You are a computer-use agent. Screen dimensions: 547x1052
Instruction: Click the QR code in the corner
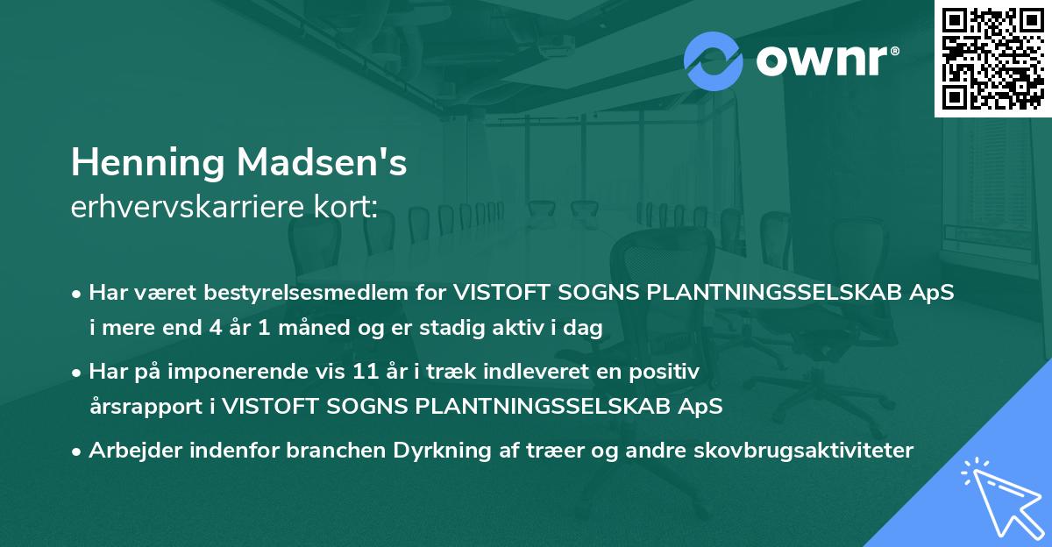(992, 58)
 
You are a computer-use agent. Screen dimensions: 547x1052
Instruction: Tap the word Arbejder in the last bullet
(130, 451)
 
